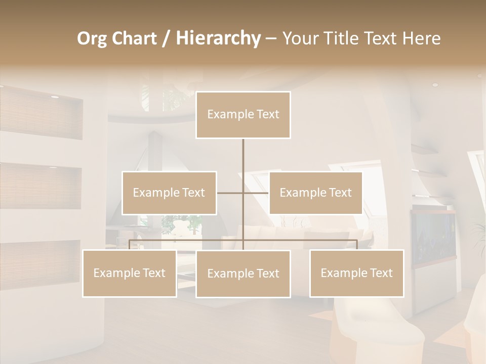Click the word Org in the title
point(93,38)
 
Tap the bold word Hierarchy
point(218,38)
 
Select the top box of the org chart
point(243,115)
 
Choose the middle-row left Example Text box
point(169,193)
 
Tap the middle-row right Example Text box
point(315,193)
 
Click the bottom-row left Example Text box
point(130,274)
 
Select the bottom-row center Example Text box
point(243,274)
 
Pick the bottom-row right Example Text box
point(356,274)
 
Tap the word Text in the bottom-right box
point(381,274)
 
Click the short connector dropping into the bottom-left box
point(130,245)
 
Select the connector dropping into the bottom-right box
point(357,245)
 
